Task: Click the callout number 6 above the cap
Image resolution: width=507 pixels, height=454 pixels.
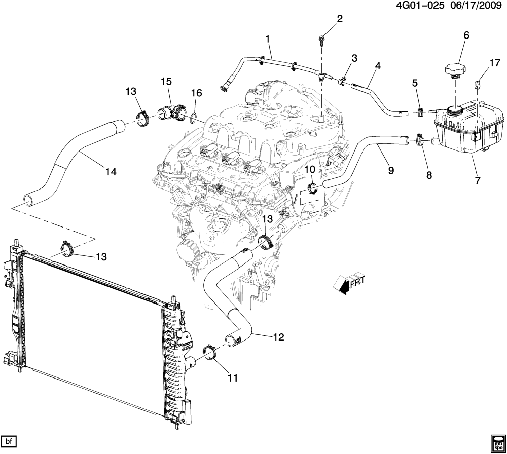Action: (x=466, y=35)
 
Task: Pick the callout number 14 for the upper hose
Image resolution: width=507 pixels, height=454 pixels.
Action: (x=111, y=172)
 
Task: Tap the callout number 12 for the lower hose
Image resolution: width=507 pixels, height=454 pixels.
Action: (x=279, y=336)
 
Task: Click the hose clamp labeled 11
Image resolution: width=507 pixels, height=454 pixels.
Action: (x=209, y=353)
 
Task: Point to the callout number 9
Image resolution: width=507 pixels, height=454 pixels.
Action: (x=391, y=171)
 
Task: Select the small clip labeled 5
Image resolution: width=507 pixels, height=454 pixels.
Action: (x=421, y=111)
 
